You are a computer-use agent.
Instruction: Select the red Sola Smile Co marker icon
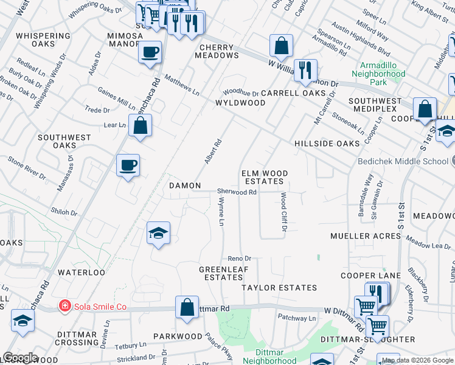point(63,306)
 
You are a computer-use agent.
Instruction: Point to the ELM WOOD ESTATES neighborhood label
point(264,177)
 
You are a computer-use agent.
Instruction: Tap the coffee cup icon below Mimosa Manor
point(150,52)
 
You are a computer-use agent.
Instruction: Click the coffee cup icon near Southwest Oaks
point(128,165)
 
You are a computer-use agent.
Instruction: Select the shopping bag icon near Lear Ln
point(140,126)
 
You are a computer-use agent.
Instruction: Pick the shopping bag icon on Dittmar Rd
point(187,308)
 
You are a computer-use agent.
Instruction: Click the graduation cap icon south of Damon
point(158,233)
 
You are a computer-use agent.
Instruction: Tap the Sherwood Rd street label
point(237,192)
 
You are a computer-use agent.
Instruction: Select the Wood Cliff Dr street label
point(283,212)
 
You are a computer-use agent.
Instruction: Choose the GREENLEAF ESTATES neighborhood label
point(223,273)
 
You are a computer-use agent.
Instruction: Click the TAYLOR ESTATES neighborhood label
point(279,287)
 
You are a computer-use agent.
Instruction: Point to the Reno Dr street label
point(240,259)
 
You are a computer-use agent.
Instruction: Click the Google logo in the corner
point(20,358)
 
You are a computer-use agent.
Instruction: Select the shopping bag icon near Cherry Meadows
point(281,46)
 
